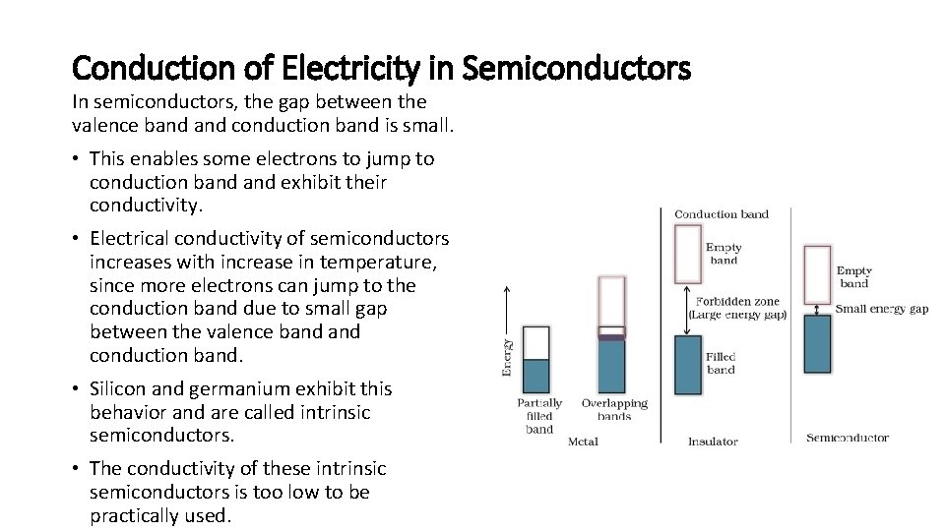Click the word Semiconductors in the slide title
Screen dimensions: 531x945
tap(576, 69)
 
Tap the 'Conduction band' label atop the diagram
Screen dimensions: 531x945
tap(722, 214)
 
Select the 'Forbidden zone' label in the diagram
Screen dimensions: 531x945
tap(737, 302)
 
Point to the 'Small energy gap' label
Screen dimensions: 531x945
tap(882, 309)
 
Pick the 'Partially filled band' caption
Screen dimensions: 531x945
tap(539, 416)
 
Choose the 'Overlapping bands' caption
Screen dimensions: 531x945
tap(614, 410)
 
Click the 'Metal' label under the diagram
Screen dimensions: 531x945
tap(583, 442)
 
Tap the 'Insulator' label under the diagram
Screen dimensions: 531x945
tap(713, 442)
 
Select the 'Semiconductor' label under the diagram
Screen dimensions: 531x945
tap(848, 439)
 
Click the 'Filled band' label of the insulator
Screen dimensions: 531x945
tap(722, 363)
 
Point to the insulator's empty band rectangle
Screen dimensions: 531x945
tap(687, 254)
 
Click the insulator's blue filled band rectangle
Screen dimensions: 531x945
tap(687, 365)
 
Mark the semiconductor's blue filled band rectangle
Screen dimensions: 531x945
tap(817, 343)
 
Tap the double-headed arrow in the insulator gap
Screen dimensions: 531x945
tap(687, 310)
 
